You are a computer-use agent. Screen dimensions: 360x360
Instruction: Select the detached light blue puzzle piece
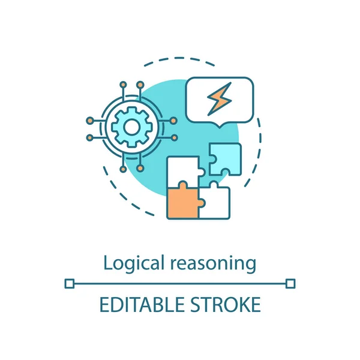tap(225, 159)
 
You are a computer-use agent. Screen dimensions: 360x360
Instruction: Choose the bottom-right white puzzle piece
tap(215, 201)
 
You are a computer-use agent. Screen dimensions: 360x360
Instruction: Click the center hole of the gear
tap(131, 127)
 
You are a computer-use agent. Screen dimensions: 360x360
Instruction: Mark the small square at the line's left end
tap(69, 283)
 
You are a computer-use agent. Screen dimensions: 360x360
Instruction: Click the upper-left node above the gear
tap(122, 85)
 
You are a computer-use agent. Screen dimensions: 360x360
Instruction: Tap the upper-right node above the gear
tap(139, 85)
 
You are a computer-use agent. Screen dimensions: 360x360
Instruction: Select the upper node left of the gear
tap(89, 118)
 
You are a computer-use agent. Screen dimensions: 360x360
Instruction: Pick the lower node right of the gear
tap(173, 137)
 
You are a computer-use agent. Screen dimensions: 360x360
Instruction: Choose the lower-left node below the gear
tap(122, 169)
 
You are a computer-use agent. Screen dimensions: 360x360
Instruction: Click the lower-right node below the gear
tap(139, 169)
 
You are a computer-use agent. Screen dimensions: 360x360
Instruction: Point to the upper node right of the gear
tap(173, 118)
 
